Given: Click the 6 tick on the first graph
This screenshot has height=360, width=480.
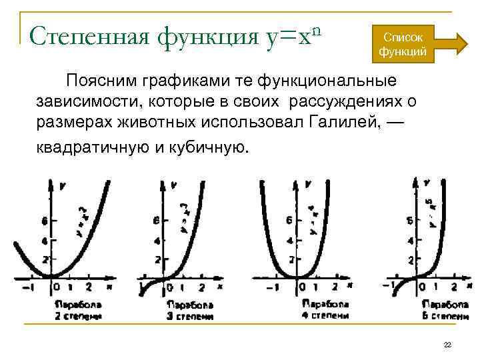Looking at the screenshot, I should (45, 221).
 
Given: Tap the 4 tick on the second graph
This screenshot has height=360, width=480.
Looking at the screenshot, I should (157, 241).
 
